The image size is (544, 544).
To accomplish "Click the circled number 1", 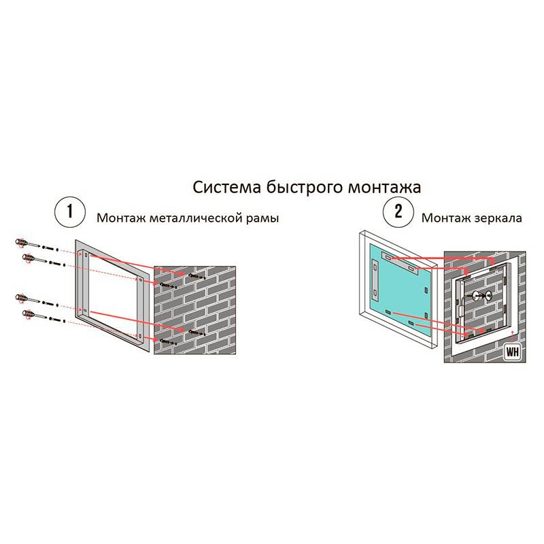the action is point(70,211).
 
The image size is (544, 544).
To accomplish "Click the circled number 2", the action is point(398,211).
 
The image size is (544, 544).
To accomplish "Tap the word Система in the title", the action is point(226,188).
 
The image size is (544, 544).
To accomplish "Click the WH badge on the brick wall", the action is point(512,352).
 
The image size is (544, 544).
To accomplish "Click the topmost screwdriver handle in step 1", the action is point(20,242).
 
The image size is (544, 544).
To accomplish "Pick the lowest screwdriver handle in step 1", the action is point(27,315).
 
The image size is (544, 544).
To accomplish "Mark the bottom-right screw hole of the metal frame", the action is point(139,335).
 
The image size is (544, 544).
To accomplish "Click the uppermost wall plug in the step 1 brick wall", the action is point(197,276).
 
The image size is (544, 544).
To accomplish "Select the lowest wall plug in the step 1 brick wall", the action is point(168,342).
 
